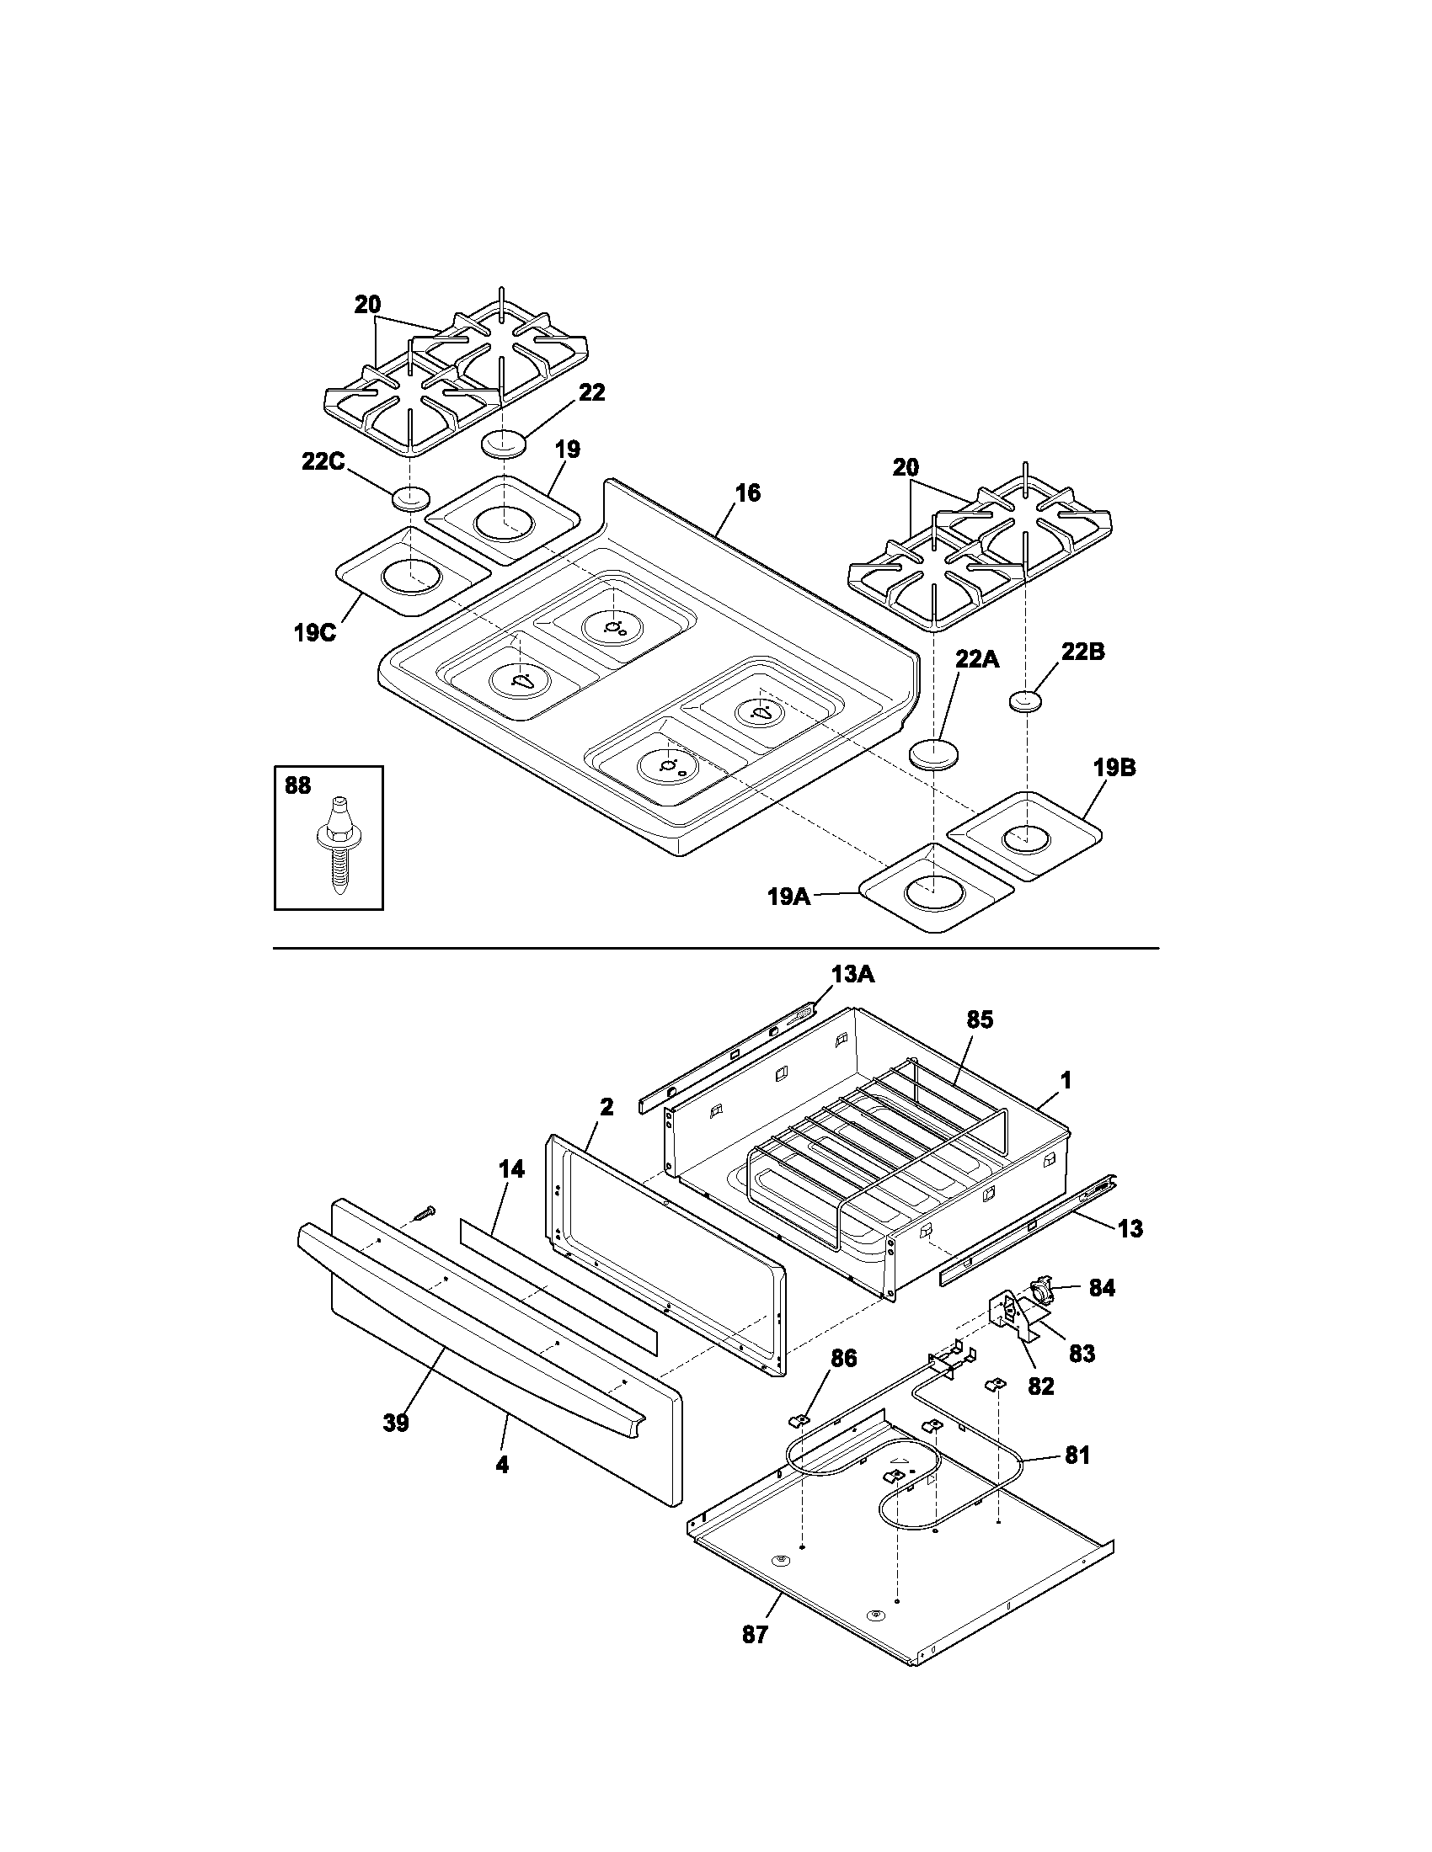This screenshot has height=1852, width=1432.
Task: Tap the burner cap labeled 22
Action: [x=504, y=444]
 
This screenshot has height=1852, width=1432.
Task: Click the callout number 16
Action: [x=747, y=492]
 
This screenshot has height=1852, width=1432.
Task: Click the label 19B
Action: [x=1114, y=769]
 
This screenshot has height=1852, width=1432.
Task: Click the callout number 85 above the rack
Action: [x=979, y=1020]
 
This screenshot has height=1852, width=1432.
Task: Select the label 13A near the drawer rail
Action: [x=852, y=975]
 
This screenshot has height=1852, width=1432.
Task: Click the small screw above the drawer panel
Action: [x=422, y=1213]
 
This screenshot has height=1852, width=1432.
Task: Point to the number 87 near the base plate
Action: [x=754, y=1634]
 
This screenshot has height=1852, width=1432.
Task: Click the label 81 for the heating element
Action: [x=1077, y=1456]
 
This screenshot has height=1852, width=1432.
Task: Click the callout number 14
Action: [x=510, y=1169]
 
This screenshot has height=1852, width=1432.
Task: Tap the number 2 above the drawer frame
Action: [x=606, y=1106]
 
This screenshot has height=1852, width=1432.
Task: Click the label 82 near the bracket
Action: [x=1040, y=1386]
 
